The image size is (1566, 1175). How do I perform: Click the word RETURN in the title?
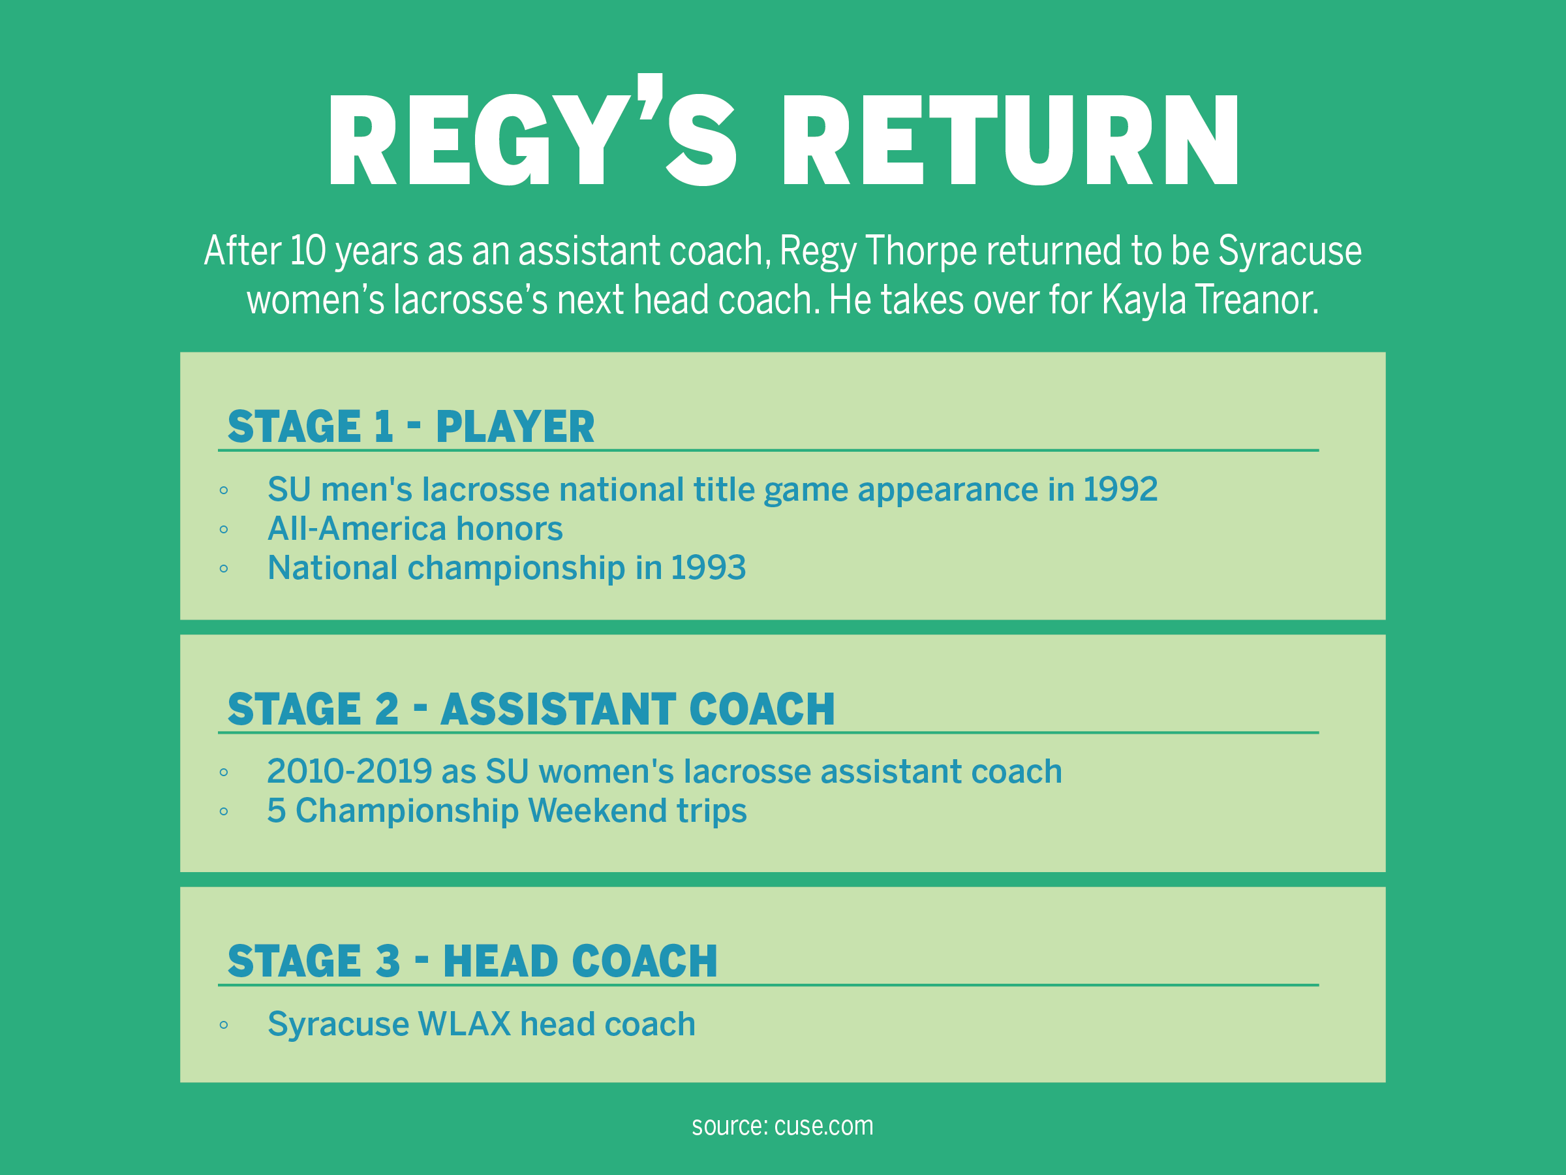point(1010,140)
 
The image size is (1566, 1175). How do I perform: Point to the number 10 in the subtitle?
point(308,251)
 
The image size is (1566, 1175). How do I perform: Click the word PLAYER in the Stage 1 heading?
point(515,426)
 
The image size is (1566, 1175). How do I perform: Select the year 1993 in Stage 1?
point(708,567)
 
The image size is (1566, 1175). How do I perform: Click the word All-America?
point(357,529)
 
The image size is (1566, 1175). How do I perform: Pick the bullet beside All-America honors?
point(224,530)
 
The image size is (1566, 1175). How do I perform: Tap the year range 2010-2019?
point(350,772)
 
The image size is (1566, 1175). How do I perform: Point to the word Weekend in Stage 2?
point(598,811)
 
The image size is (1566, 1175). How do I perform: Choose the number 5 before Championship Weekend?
point(276,811)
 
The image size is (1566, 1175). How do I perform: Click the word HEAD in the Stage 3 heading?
point(500,961)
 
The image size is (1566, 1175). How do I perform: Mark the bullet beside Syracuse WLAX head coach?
point(224,1025)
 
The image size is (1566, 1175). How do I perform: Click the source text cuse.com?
point(823,1126)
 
